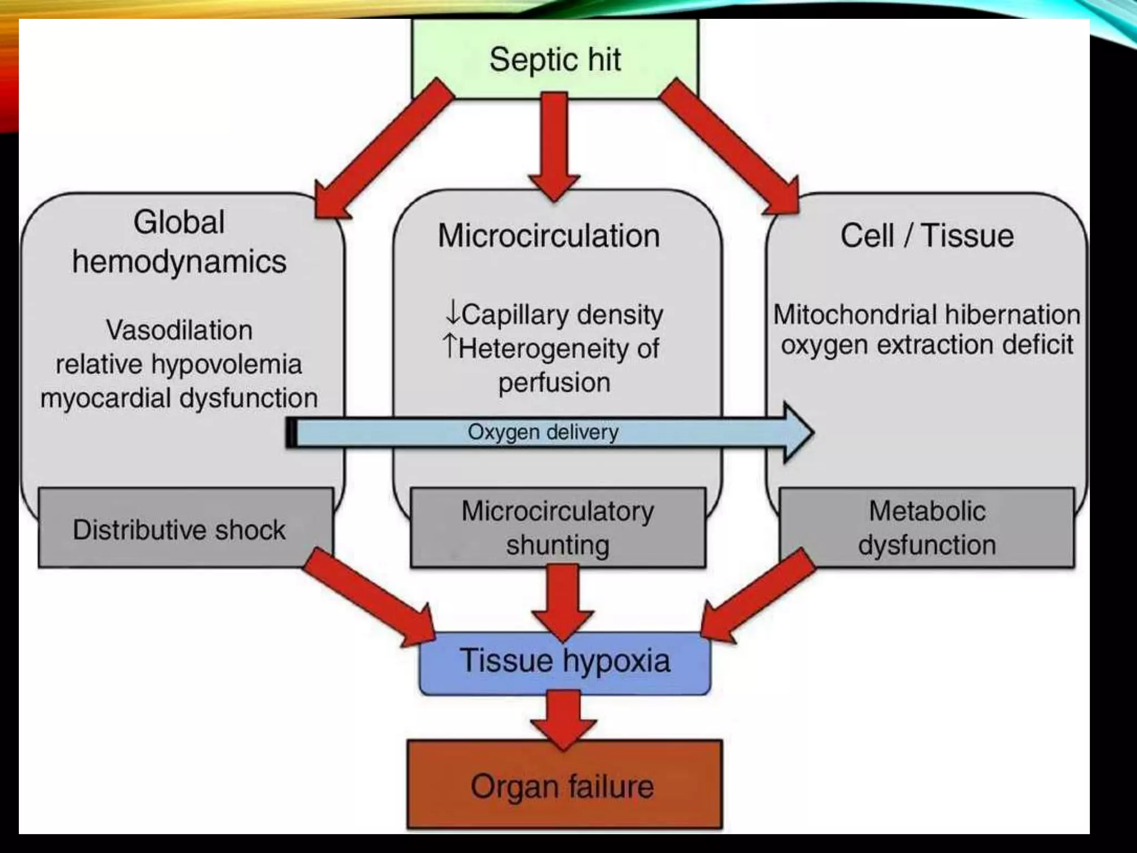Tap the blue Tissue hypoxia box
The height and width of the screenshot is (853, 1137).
click(x=565, y=662)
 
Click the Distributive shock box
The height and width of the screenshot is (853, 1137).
click(x=179, y=529)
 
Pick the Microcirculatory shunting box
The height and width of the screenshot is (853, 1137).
click(x=557, y=528)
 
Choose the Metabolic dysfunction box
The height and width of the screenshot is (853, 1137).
click(x=927, y=528)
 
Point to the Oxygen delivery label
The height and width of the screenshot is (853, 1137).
click(x=542, y=432)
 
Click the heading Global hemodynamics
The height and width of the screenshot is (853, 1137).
click(x=179, y=242)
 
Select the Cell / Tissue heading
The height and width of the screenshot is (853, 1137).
click(x=927, y=235)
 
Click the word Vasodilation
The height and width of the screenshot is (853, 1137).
click(x=179, y=330)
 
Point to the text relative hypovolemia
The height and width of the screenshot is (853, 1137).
click(x=179, y=364)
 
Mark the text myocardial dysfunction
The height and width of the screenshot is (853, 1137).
click(x=179, y=398)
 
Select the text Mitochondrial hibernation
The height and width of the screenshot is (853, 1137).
click(x=927, y=314)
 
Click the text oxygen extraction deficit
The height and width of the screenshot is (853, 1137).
click(x=927, y=345)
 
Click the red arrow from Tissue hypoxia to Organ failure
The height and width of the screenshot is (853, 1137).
click(x=563, y=719)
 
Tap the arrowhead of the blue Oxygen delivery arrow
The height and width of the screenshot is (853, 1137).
click(x=797, y=432)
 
